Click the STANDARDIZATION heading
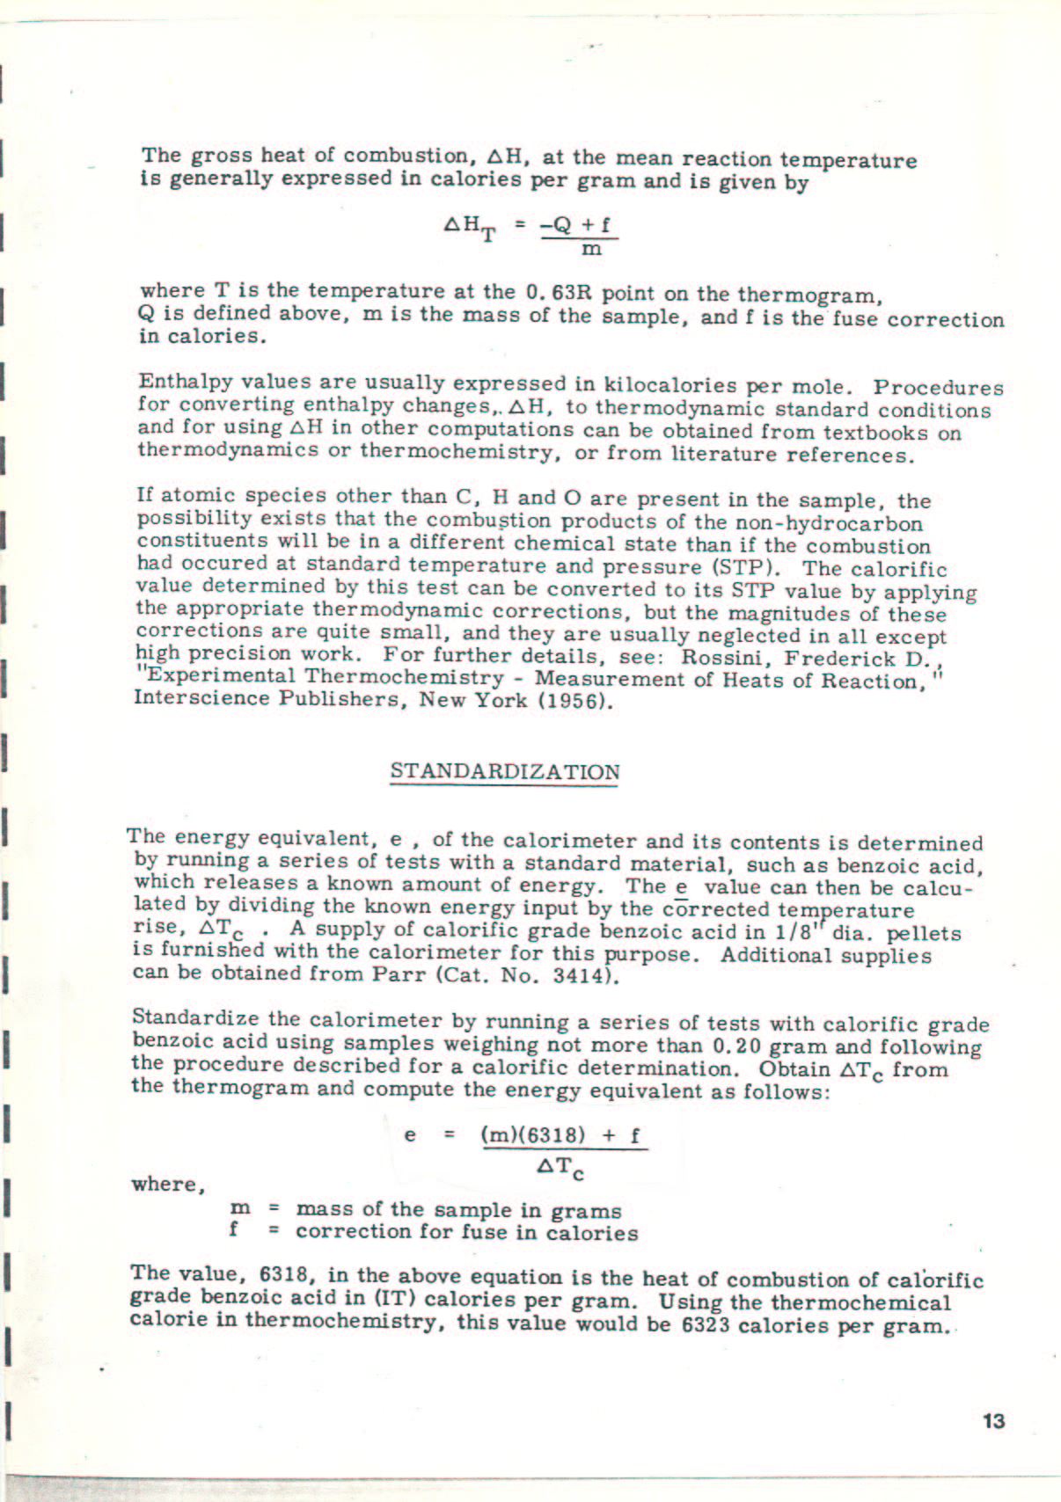click(x=504, y=772)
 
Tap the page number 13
click(x=993, y=1421)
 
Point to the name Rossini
click(x=727, y=657)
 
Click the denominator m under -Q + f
click(x=593, y=249)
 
